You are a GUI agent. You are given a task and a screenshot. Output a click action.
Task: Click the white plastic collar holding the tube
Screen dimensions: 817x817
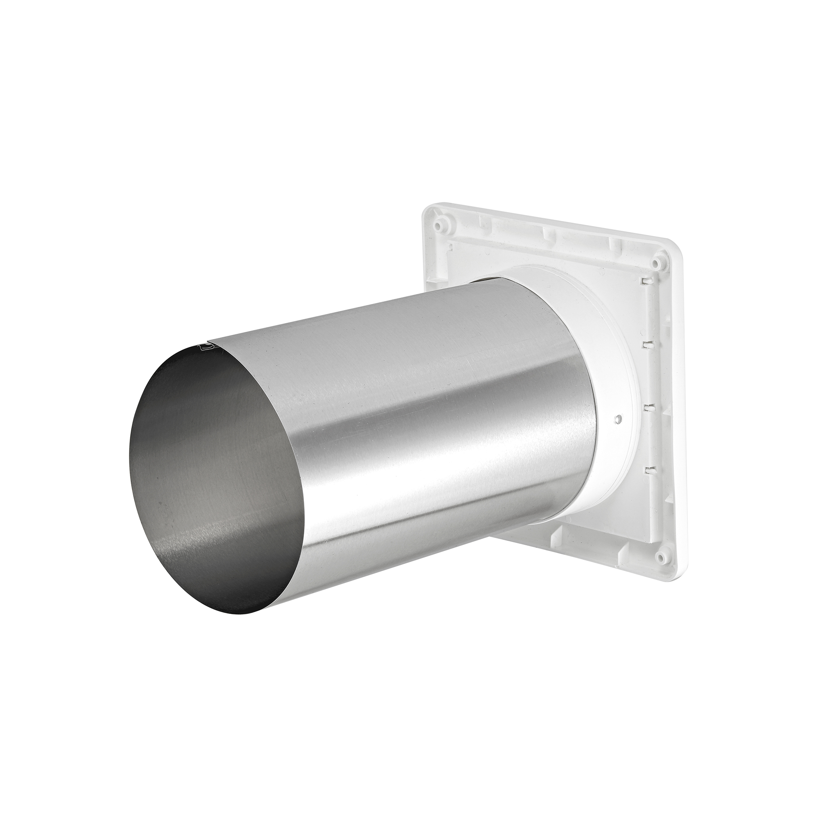pos(609,444)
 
